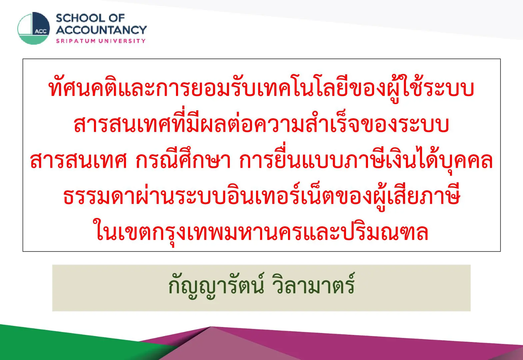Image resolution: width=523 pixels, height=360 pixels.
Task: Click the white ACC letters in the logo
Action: point(41,32)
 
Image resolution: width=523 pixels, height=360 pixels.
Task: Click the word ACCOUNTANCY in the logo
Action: point(101,30)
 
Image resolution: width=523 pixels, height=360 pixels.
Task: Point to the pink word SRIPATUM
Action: point(76,41)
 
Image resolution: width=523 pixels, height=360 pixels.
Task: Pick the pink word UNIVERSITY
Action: point(122,41)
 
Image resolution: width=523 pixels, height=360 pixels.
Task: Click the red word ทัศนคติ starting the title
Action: point(83,88)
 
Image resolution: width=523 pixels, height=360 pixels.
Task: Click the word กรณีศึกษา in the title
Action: point(183,160)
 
